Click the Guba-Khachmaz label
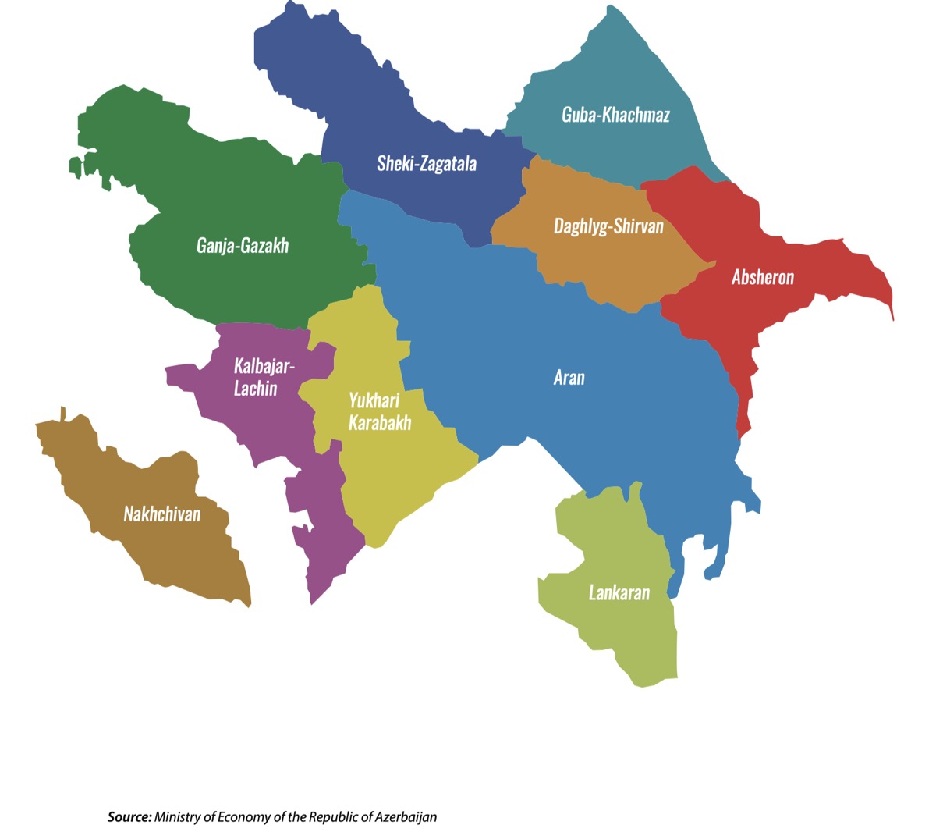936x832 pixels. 615,115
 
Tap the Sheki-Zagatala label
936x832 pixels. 427,163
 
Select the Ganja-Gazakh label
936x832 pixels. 243,246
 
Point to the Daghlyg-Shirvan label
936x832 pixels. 608,226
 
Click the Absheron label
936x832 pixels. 763,277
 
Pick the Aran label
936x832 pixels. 569,378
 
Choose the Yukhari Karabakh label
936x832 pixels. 379,411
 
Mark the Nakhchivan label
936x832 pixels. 162,514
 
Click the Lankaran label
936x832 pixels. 619,592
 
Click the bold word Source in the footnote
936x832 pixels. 129,817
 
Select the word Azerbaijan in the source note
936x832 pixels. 406,817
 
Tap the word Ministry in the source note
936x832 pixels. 177,817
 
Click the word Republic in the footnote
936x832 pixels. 334,817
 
